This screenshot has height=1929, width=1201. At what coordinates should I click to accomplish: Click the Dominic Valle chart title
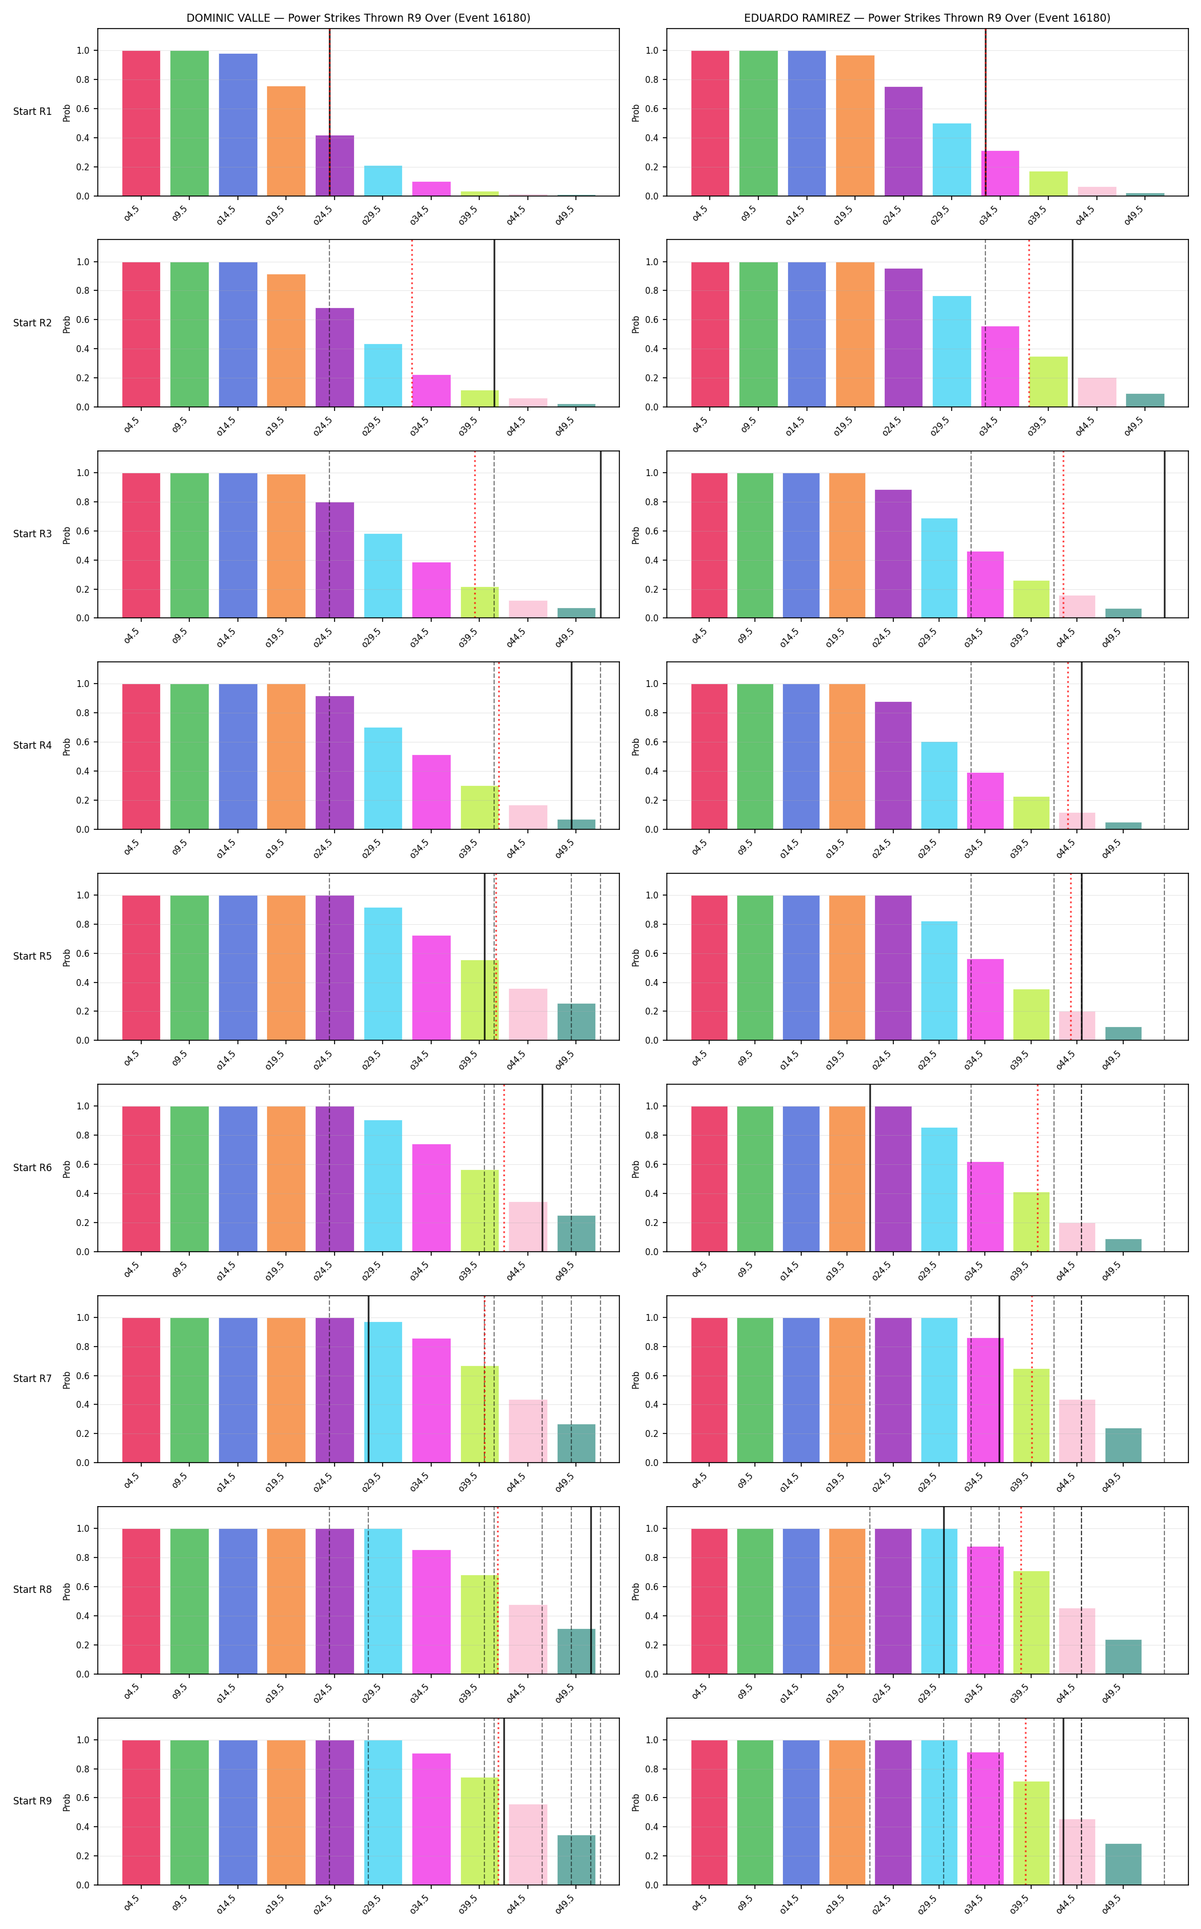click(x=358, y=18)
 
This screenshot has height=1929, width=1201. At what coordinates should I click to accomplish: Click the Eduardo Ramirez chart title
click(x=927, y=18)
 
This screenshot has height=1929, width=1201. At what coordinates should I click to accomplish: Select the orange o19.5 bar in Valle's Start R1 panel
click(x=286, y=141)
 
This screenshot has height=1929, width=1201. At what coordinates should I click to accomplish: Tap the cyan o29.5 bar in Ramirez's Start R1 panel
click(x=952, y=159)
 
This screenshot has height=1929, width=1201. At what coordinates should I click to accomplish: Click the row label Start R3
click(x=33, y=533)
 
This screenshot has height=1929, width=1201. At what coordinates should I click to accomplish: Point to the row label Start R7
click(x=33, y=1378)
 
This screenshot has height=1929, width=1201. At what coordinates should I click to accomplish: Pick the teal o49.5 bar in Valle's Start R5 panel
click(x=576, y=1022)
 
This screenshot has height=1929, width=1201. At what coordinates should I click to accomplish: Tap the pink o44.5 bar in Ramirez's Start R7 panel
click(x=1077, y=1431)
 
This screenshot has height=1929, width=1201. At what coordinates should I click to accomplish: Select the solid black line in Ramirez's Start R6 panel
click(x=870, y=1168)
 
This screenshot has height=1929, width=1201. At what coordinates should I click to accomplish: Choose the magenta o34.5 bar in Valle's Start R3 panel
click(x=431, y=590)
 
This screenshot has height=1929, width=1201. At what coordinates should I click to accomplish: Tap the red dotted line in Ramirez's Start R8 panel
click(x=1021, y=1590)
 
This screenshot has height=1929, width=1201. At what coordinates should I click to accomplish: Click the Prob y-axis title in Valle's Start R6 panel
click(x=67, y=1168)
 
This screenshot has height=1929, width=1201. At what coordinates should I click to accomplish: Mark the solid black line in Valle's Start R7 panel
click(x=368, y=1379)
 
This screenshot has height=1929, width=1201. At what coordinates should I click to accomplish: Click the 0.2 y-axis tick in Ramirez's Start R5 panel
click(x=651, y=1011)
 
